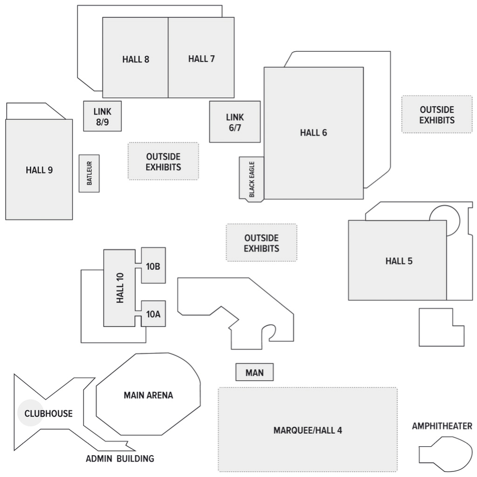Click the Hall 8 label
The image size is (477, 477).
[136, 59]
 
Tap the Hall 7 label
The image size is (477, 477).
[201, 59]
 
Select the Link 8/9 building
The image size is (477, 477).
[102, 116]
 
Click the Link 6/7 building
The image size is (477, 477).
[235, 122]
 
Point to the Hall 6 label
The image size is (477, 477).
[313, 133]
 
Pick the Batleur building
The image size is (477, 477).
[89, 173]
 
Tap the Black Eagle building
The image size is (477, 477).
[252, 179]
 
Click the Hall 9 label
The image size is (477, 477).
[39, 170]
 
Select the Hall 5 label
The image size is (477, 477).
[399, 261]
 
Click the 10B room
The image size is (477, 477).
[153, 266]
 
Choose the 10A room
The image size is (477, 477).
[153, 314]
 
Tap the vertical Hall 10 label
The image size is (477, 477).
[120, 288]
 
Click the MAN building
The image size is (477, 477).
[254, 373]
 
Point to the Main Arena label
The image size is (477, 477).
[148, 395]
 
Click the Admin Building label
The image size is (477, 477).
[120, 459]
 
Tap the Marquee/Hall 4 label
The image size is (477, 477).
[307, 430]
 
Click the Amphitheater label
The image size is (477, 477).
[442, 426]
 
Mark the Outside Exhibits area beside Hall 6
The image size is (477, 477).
[436, 115]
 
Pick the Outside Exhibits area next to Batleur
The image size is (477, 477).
[163, 161]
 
